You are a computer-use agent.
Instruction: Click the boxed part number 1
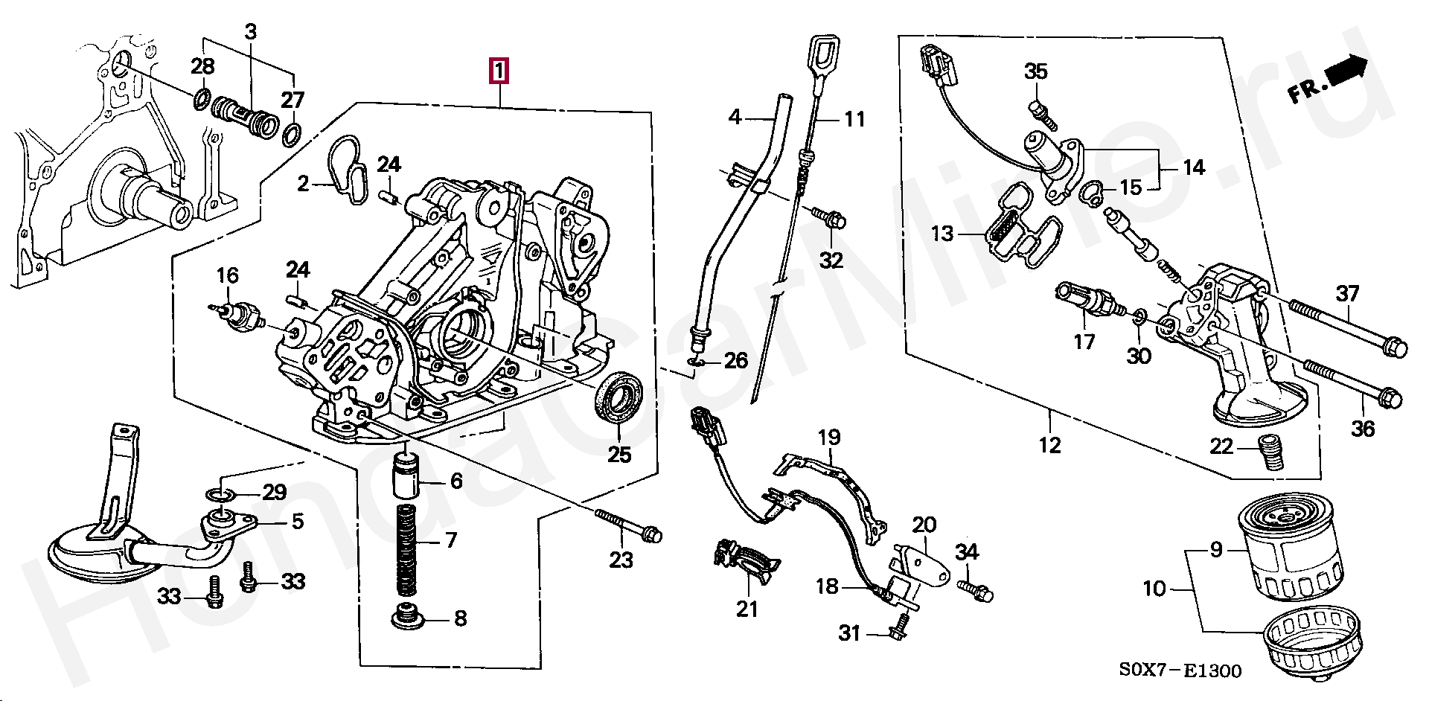[498, 71]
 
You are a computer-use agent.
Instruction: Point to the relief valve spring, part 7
[406, 549]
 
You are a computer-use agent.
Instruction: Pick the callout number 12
[1049, 445]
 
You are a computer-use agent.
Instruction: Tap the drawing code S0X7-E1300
[1180, 670]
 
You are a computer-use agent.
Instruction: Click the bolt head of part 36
[1389, 398]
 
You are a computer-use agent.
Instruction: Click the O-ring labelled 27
[292, 134]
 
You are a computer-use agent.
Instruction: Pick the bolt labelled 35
[1040, 112]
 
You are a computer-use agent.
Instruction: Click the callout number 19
[829, 437]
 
